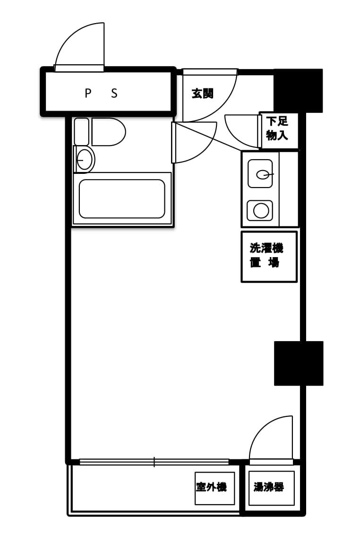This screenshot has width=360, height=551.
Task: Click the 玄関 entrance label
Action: pyautogui.click(x=202, y=94)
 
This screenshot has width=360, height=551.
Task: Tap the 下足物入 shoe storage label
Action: pyautogui.click(x=277, y=129)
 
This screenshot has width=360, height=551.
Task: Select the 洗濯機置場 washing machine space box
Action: pyautogui.click(x=269, y=257)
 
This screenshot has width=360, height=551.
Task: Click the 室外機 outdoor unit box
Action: pyautogui.click(x=215, y=488)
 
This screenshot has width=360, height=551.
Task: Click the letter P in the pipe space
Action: pyautogui.click(x=88, y=94)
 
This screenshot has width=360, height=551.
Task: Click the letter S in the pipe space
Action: pyautogui.click(x=114, y=94)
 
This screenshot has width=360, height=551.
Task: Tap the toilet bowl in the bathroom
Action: pyautogui.click(x=109, y=132)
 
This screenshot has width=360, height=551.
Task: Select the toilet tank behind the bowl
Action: pyautogui.click(x=81, y=131)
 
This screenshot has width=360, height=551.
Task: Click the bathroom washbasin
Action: pyautogui.click(x=85, y=160)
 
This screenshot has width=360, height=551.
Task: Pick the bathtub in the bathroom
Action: pyautogui.click(x=122, y=198)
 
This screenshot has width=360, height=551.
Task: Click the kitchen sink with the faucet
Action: pyautogui.click(x=260, y=173)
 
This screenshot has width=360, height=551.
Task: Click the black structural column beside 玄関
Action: pyautogui.click(x=298, y=91)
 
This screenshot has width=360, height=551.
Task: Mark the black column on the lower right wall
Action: pyautogui.click(x=299, y=363)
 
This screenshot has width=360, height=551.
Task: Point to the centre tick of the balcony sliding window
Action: pyautogui.click(x=154, y=462)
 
